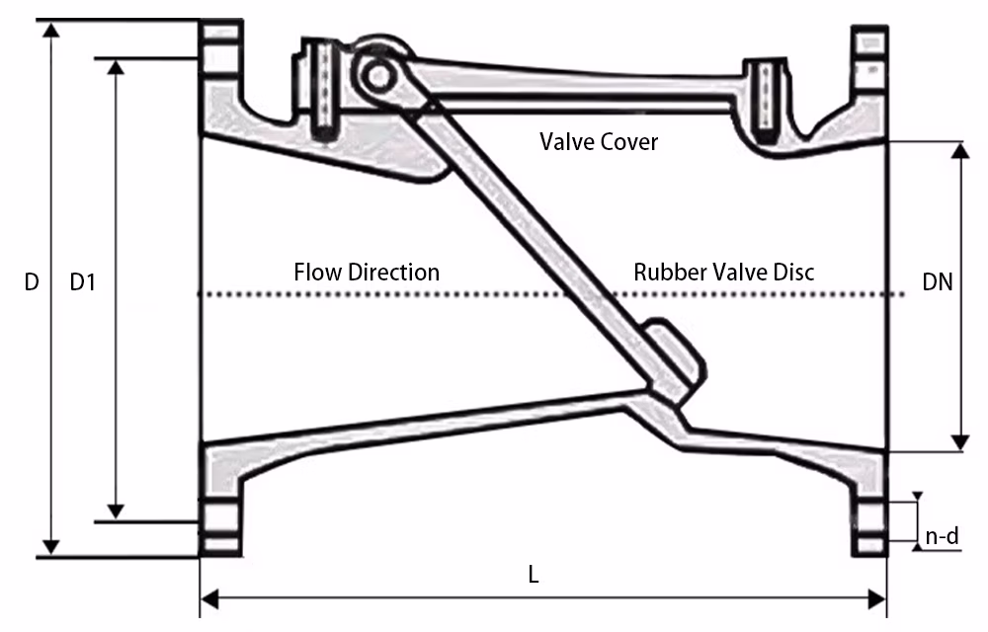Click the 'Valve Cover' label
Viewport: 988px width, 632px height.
pos(599,141)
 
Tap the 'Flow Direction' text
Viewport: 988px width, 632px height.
pos(367,272)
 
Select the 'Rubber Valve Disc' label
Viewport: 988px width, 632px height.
pos(724,272)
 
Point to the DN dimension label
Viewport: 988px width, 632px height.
pos(937,282)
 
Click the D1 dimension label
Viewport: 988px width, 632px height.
pos(83,282)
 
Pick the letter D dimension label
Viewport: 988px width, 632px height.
pos(32,282)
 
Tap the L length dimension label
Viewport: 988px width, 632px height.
pos(534,574)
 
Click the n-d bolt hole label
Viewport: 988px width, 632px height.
pos(942,535)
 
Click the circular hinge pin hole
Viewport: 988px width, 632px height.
pos(378,76)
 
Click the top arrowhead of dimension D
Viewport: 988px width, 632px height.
pos(51,30)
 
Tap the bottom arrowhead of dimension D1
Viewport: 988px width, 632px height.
pos(116,512)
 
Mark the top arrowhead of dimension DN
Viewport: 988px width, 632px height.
pos(960,151)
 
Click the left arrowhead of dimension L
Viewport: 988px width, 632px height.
pos(209,599)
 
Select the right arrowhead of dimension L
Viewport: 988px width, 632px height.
pos(876,599)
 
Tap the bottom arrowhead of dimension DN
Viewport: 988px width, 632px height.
pos(960,442)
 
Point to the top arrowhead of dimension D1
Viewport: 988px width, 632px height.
pos(116,68)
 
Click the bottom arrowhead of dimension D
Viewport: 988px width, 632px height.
pos(51,547)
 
